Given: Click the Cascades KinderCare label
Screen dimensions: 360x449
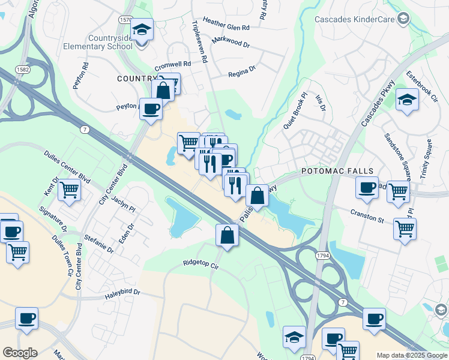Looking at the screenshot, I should [x=354, y=19].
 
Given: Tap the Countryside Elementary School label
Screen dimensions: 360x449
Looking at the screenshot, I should [x=110, y=43].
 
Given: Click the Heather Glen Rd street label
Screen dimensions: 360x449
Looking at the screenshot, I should [x=226, y=28].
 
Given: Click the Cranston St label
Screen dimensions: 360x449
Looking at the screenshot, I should [x=367, y=216].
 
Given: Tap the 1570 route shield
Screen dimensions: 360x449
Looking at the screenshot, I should [x=125, y=20].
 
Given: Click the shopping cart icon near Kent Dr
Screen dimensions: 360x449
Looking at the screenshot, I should [x=70, y=190].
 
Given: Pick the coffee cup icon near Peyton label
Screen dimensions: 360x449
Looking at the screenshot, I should [x=151, y=109].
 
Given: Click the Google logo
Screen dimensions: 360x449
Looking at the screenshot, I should [x=20, y=353].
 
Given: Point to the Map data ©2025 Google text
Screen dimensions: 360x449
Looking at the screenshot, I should [x=411, y=355].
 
